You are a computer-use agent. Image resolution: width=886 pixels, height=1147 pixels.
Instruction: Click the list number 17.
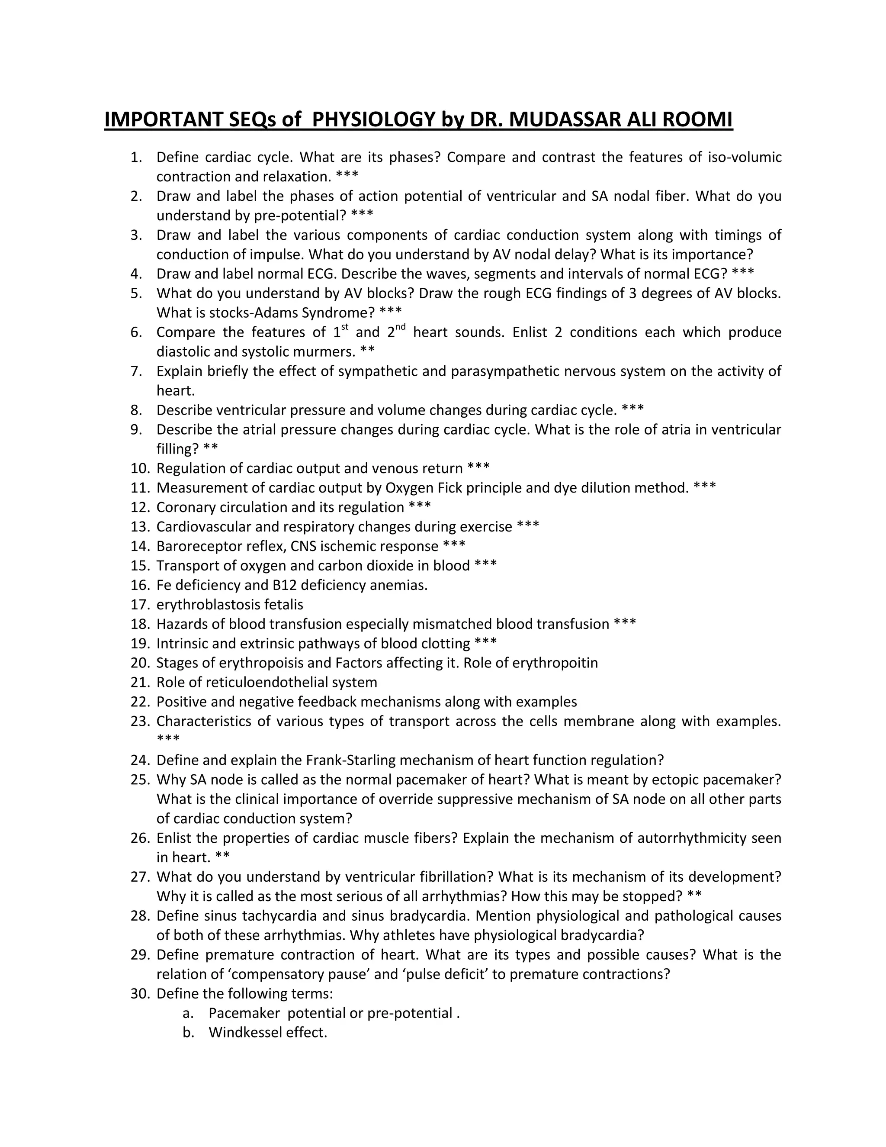[140, 605]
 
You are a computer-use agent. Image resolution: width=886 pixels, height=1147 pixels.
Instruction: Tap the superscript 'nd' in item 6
[401, 327]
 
